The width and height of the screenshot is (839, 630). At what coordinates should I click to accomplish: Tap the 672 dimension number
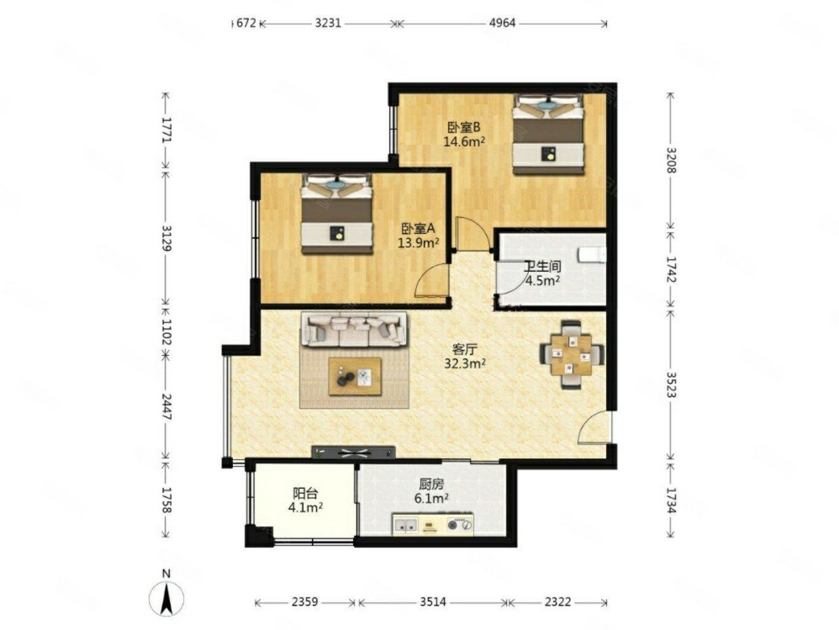245,23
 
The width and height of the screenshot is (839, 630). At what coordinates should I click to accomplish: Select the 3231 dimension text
328,23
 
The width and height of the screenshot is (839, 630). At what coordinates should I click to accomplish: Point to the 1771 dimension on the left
166,130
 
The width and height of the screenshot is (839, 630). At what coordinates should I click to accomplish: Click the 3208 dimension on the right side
671,160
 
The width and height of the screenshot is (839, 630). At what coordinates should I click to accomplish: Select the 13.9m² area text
418,242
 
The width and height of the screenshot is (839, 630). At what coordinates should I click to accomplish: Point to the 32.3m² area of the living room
465,363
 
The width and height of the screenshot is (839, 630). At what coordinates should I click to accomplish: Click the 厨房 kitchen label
431,484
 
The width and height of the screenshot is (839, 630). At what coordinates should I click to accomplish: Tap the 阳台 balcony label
304,493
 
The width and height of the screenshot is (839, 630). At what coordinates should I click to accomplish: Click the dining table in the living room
571,354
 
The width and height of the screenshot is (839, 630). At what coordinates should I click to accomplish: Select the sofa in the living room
354,329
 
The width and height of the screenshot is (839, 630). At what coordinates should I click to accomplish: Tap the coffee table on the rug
356,377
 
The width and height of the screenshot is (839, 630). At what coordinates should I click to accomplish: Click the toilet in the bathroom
592,255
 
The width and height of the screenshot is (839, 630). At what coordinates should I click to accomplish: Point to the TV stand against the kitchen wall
353,452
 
